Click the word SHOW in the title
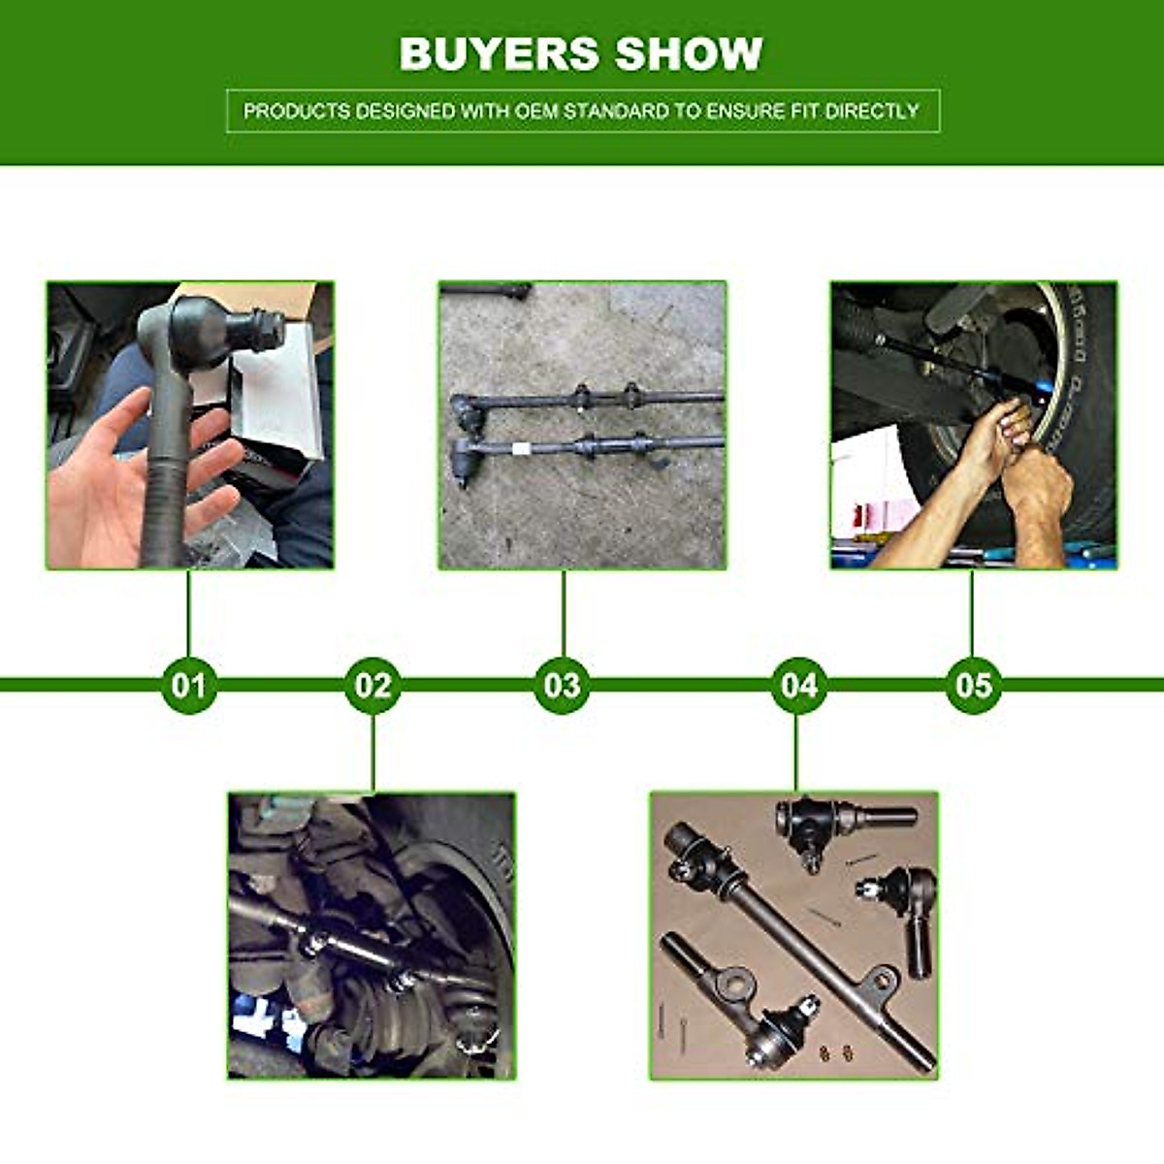click(690, 53)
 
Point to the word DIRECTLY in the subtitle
click(871, 111)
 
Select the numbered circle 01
click(189, 686)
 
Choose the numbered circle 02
click(372, 686)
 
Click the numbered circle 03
click(563, 686)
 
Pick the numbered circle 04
click(799, 686)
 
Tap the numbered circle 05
click(973, 686)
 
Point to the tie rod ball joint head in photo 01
click(209, 330)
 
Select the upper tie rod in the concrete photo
click(582, 398)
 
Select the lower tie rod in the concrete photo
click(582, 446)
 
